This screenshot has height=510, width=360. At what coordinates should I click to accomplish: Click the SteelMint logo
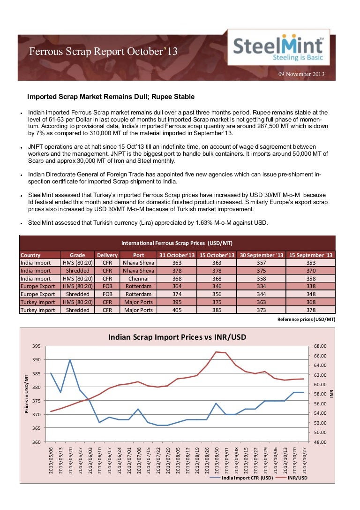278,49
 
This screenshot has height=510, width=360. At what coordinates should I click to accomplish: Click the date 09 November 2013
301,74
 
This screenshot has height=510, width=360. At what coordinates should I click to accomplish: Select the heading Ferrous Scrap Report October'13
104,52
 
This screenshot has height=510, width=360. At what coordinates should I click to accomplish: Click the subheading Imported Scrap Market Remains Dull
111,97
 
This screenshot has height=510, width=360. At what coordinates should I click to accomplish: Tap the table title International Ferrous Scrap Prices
177,243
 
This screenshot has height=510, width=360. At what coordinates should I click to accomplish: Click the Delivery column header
107,255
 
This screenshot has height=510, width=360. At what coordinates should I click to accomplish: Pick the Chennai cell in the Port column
138,278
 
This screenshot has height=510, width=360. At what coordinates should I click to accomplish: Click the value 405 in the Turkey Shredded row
176,310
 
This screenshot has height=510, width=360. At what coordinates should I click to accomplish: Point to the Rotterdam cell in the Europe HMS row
138,286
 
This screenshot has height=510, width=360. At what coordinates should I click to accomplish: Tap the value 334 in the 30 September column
261,286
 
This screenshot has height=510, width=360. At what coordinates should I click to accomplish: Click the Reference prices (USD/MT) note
307,319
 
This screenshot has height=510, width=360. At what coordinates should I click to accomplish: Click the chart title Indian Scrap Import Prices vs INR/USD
177,337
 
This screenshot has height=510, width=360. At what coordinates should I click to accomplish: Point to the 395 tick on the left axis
36,346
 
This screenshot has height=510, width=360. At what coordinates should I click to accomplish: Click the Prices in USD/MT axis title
27,394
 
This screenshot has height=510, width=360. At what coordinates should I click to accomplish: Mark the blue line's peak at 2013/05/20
70,360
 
